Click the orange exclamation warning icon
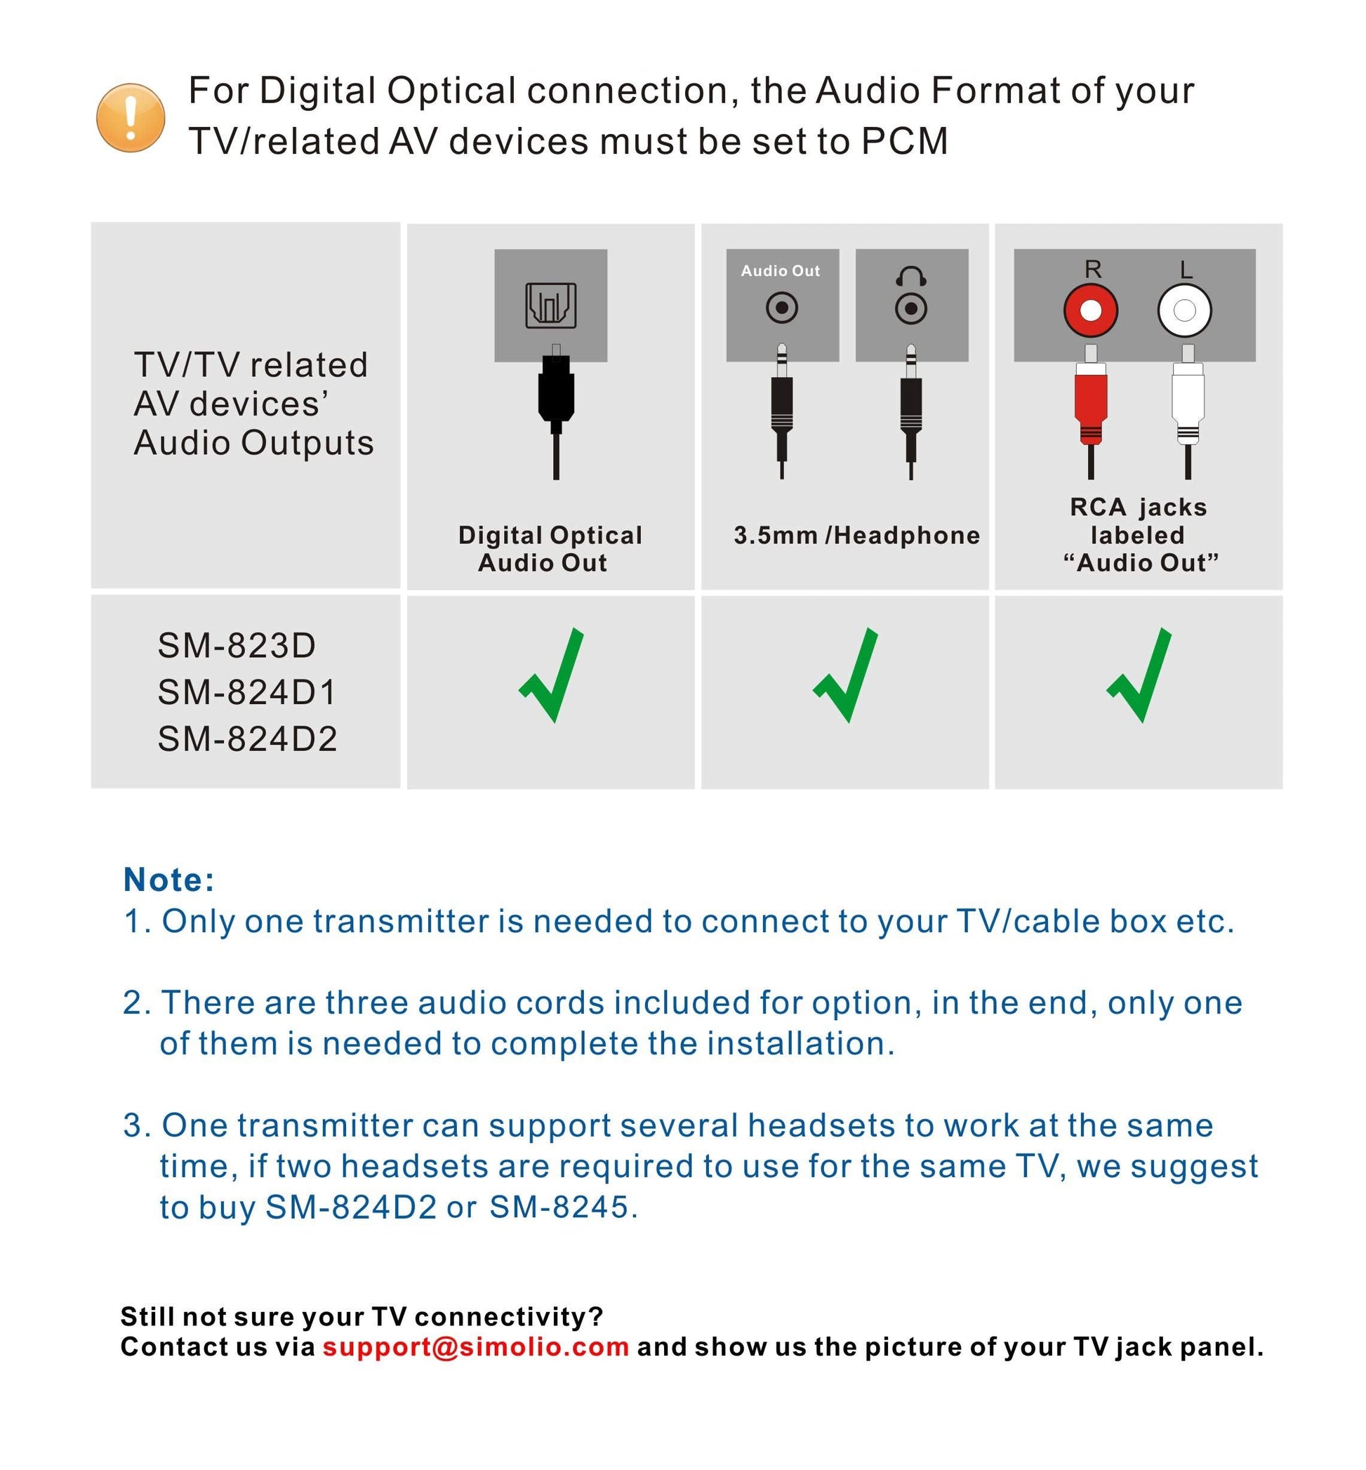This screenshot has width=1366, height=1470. [x=130, y=118]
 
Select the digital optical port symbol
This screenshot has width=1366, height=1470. [x=551, y=305]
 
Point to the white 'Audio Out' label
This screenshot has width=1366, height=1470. [x=781, y=271]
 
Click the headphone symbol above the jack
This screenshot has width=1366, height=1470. [x=910, y=276]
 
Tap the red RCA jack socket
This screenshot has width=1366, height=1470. [x=1090, y=310]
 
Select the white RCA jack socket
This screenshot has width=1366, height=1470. [x=1184, y=310]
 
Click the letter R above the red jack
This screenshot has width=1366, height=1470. [x=1092, y=269]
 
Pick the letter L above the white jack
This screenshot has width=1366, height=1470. [x=1186, y=269]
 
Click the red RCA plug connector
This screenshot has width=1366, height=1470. [x=1091, y=403]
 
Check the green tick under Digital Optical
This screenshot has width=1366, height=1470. [x=552, y=675]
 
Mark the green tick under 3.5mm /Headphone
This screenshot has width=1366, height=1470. [x=846, y=675]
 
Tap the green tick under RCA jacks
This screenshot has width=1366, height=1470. [x=1139, y=675]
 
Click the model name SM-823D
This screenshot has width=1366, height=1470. [x=237, y=645]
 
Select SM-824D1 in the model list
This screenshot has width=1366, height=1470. [x=247, y=692]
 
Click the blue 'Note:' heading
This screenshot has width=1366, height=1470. [x=169, y=880]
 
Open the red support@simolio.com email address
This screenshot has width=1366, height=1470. [x=476, y=1346]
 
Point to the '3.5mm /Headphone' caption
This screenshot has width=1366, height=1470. [x=856, y=535]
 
